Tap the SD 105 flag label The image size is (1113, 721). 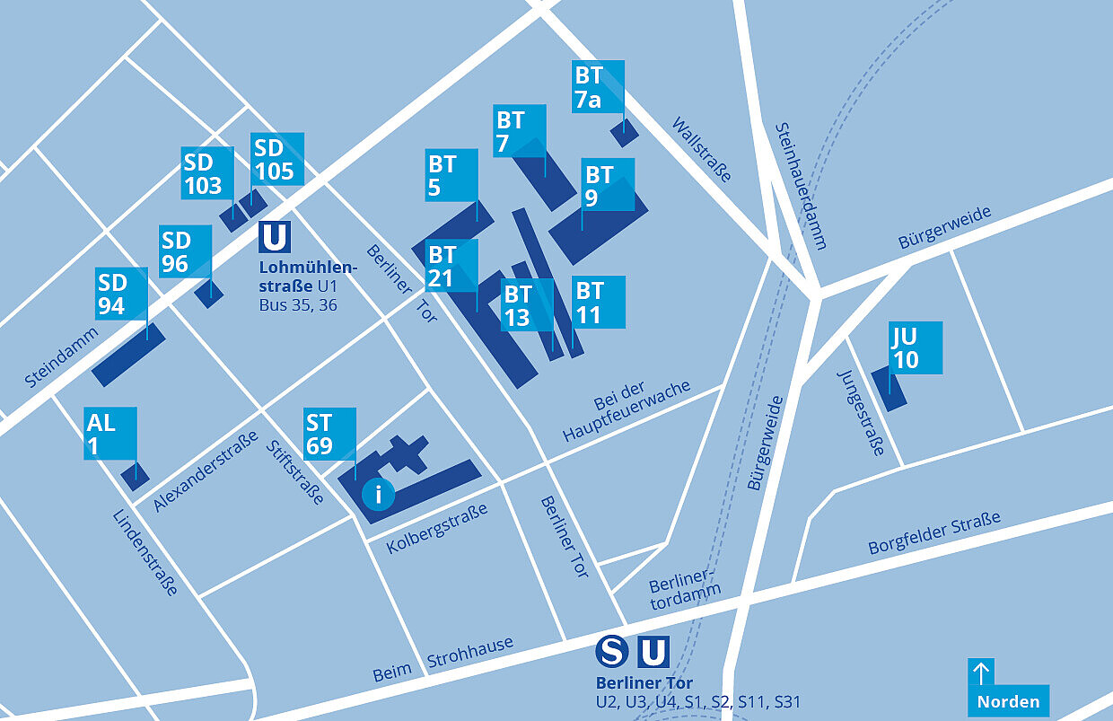(x=276, y=159)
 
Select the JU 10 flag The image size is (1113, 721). (x=916, y=347)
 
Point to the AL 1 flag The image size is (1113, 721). (x=111, y=434)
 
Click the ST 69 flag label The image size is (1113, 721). (x=329, y=434)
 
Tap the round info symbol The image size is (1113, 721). (x=378, y=494)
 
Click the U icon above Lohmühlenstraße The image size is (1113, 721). (x=275, y=237)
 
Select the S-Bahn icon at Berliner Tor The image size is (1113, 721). (x=612, y=652)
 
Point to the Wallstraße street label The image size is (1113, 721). (x=701, y=149)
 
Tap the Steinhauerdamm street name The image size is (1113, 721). (x=800, y=185)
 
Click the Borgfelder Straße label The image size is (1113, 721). (x=933, y=534)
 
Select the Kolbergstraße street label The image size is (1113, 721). (x=437, y=527)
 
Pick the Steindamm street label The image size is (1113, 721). (x=62, y=358)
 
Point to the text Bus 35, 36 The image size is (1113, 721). (x=298, y=305)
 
